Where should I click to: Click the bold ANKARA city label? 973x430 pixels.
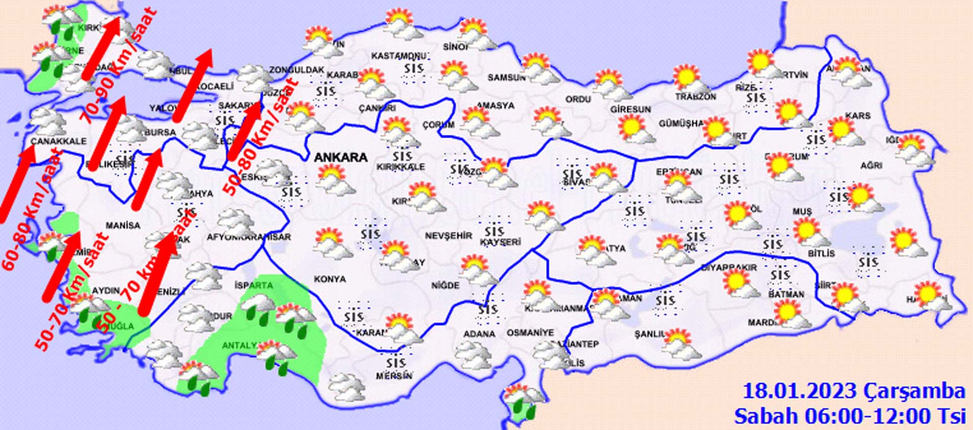click(341, 157)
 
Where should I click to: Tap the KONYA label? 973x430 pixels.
click(330, 279)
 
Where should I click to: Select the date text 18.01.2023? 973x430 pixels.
click(799, 391)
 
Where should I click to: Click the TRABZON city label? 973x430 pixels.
click(695, 96)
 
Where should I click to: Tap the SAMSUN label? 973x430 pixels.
click(506, 77)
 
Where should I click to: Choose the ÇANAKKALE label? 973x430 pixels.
click(58, 141)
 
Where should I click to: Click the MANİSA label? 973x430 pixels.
click(123, 225)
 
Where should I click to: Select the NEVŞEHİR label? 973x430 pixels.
click(448, 236)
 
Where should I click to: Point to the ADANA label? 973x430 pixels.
click(479, 334)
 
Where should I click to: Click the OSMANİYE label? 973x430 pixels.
click(530, 333)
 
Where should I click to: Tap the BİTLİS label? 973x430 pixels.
click(821, 253)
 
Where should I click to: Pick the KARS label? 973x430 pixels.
click(857, 115)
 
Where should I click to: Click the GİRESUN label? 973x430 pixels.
click(630, 109)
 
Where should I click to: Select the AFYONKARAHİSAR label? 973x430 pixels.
click(248, 237)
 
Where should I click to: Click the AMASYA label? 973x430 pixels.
click(495, 105)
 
